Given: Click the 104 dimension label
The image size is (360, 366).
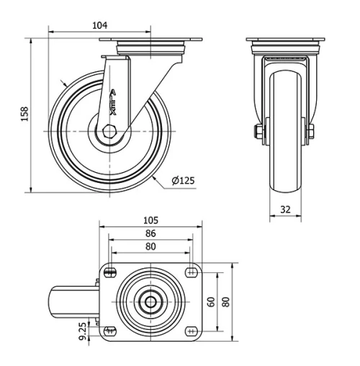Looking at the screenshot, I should click(100, 24).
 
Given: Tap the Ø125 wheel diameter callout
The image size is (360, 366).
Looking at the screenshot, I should click(184, 180).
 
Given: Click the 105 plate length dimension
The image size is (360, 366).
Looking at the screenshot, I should click(150, 220).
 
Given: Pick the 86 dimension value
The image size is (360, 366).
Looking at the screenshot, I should click(150, 233).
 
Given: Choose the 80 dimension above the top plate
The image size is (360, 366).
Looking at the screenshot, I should click(150, 246).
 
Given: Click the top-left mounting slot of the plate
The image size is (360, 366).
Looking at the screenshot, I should click(110, 272).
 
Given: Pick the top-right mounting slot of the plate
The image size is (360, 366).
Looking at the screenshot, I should click(191, 272).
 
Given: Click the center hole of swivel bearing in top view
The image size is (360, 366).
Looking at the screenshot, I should click(150, 301).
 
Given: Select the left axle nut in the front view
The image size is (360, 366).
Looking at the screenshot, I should click(257, 132).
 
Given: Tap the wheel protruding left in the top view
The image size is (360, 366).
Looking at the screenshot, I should click(72, 301).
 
